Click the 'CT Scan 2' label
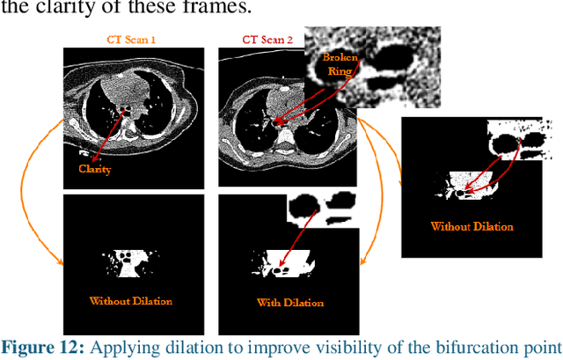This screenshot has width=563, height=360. coord(267,40)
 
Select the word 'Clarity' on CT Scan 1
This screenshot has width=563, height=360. coord(94,168)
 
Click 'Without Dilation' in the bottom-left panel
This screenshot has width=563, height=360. coord(130,301)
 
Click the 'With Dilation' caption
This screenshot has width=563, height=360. coord(289,303)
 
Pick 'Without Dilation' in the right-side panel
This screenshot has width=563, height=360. coord(472,226)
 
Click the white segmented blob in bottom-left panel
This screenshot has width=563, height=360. coord(128,260)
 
